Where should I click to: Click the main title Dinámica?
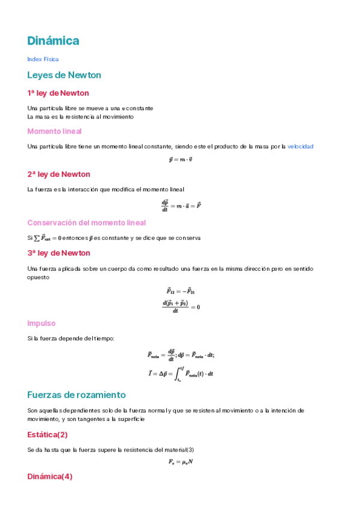pos(53,41)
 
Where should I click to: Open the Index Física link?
pos(43,59)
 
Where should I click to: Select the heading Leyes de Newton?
pos(64,75)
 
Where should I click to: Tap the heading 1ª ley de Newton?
pos(58,93)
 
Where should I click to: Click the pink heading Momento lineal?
pos(54,131)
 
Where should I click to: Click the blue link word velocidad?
pos(300,146)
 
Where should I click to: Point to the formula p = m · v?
pos(180,160)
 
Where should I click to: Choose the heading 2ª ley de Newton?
pos(58,174)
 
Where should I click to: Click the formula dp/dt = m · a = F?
pos(181,205)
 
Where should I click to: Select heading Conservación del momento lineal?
pos(86,223)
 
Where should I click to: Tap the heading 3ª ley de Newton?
pos(58,253)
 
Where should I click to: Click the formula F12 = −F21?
pos(180,292)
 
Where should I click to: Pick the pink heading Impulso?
pos(42,323)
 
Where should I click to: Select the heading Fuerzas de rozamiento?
pos(76,395)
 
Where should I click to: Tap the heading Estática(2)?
pos(48,434)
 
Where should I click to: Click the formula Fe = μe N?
pos(180,462)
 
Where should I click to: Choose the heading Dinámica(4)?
pos(50,476)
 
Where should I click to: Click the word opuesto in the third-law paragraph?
pos(39,278)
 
